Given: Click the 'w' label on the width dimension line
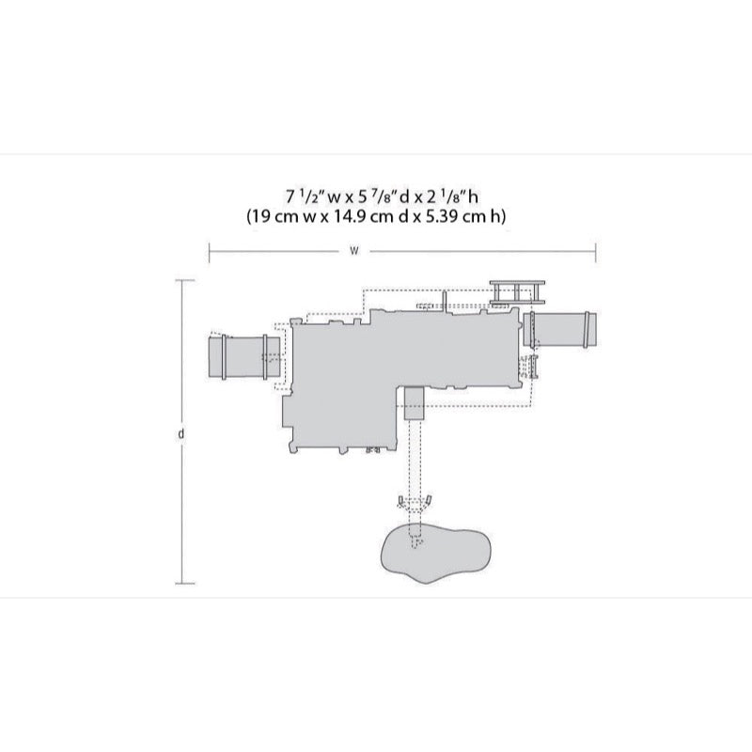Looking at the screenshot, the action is pos(354,251).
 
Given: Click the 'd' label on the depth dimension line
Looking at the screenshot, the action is pos(180,433).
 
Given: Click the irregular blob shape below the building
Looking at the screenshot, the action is pos(435,555).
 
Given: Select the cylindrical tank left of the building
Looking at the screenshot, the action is pos(244,357).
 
